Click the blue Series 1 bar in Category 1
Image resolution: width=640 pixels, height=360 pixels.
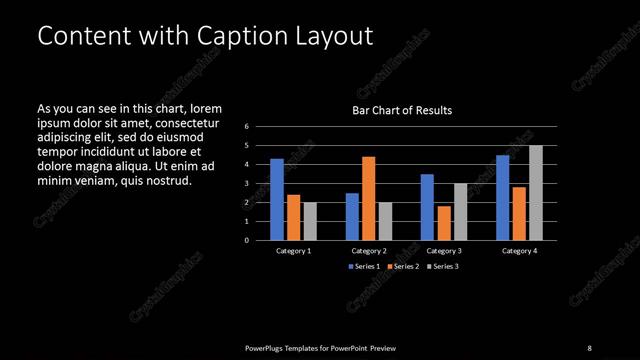(x=277, y=200)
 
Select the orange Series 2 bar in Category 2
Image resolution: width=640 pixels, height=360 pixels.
(x=369, y=198)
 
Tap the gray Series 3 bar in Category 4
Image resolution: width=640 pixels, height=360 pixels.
(x=536, y=193)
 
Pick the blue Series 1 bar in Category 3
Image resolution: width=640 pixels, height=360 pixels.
(x=427, y=207)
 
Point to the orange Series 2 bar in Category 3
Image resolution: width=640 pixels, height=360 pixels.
(x=444, y=223)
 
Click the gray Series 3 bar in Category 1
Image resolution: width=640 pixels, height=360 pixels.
(x=310, y=221)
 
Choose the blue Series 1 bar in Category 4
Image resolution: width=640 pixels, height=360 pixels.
(x=502, y=198)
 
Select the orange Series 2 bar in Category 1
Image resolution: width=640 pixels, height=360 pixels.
(x=293, y=217)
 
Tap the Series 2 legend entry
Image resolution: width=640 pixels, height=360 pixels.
(x=402, y=267)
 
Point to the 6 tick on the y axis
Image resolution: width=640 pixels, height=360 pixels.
(x=246, y=127)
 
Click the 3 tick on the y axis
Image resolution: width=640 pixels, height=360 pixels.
(x=246, y=184)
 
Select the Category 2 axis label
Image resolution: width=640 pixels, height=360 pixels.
(x=369, y=250)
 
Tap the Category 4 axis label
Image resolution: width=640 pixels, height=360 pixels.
(x=519, y=250)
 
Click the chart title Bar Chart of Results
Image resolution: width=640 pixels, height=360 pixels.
(x=403, y=110)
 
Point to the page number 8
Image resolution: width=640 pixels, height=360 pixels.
(x=589, y=347)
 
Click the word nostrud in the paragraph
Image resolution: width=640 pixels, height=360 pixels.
(x=166, y=180)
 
